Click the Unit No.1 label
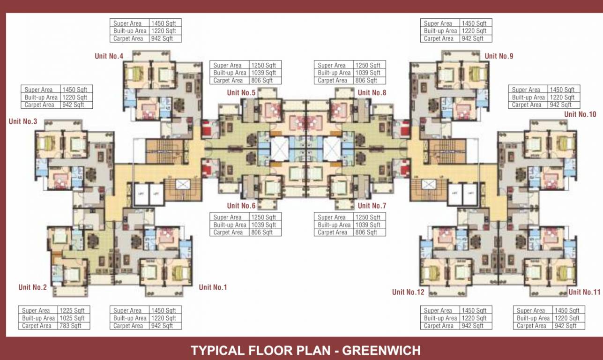(213, 287)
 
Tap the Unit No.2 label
(32, 287)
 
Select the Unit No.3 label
(23, 122)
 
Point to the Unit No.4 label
(109, 56)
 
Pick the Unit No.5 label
(241, 93)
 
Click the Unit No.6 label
(241, 206)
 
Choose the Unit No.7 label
(372, 206)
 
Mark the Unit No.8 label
(372, 93)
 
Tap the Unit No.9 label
(499, 56)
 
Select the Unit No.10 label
(580, 114)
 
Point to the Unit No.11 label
(584, 292)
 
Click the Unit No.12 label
(408, 292)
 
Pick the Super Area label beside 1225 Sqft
(36, 310)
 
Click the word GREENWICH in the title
(381, 350)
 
